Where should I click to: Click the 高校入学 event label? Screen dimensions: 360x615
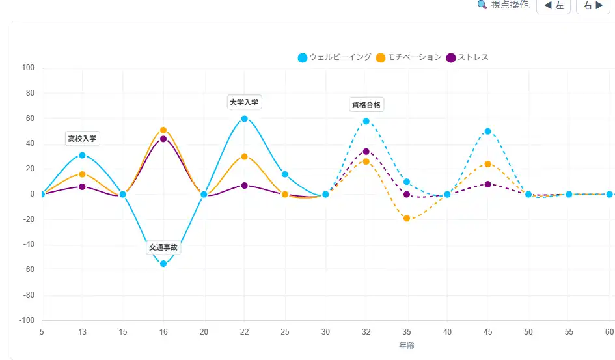coord(82,139)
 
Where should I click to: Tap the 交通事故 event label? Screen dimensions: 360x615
coord(163,247)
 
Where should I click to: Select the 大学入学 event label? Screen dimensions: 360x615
coord(244,102)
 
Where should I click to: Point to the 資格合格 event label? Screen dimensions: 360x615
coord(366,105)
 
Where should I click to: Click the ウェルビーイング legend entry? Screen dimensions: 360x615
coord(335,57)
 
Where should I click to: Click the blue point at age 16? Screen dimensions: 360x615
coord(163,264)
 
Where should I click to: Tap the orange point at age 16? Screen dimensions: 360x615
coord(163,130)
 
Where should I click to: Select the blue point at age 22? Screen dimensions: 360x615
coord(245,118)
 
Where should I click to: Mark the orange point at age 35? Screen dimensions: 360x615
coord(407,219)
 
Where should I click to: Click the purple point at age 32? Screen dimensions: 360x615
coord(366,152)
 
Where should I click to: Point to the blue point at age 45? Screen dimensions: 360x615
coord(488,132)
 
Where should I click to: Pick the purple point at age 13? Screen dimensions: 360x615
coord(82,187)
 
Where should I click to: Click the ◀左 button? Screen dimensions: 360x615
coord(553,5)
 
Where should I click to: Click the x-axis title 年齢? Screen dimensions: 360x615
coord(407,344)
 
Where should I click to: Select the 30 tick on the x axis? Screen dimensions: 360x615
coord(325,331)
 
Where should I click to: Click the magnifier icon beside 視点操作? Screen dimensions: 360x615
coord(482,5)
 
